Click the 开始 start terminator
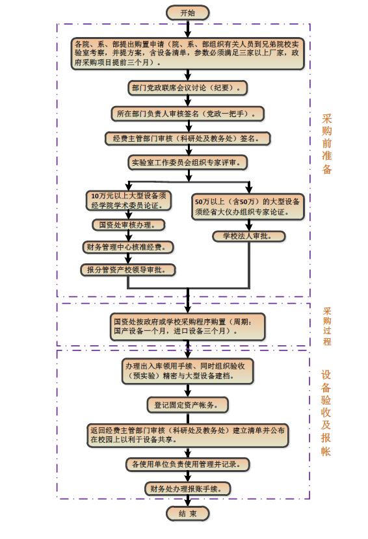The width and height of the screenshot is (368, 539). pyautogui.click(x=188, y=13)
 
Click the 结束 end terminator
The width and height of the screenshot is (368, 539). pyautogui.click(x=188, y=514)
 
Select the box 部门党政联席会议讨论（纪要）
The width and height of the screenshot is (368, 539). pyautogui.click(x=188, y=88)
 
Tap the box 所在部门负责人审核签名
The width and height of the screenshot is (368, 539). pyautogui.click(x=188, y=114)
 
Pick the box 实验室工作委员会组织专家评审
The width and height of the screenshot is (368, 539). pyautogui.click(x=188, y=163)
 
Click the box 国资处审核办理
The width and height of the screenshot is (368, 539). pyautogui.click(x=129, y=225)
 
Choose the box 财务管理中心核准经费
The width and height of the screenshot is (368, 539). pyautogui.click(x=128, y=247)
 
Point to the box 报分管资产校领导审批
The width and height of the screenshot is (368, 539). pyautogui.click(x=128, y=270)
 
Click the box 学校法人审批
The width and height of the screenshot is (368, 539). pyautogui.click(x=249, y=236)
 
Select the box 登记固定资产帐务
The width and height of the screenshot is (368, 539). pyautogui.click(x=188, y=405)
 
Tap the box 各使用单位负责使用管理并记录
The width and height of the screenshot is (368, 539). pyautogui.click(x=188, y=464)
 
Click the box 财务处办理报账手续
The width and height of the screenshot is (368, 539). pyautogui.click(x=188, y=488)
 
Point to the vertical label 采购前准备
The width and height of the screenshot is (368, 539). pyautogui.click(x=327, y=144)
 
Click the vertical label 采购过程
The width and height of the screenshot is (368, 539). pyautogui.click(x=327, y=326)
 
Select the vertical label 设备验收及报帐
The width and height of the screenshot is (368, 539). pyautogui.click(x=326, y=413)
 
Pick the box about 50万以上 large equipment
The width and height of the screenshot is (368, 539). pyautogui.click(x=248, y=207)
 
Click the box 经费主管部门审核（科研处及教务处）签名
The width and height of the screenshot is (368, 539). pyautogui.click(x=188, y=138)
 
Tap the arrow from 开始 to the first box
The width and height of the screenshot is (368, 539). pyautogui.click(x=188, y=29)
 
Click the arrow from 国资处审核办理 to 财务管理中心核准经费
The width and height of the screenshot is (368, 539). pyautogui.click(x=129, y=236)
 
